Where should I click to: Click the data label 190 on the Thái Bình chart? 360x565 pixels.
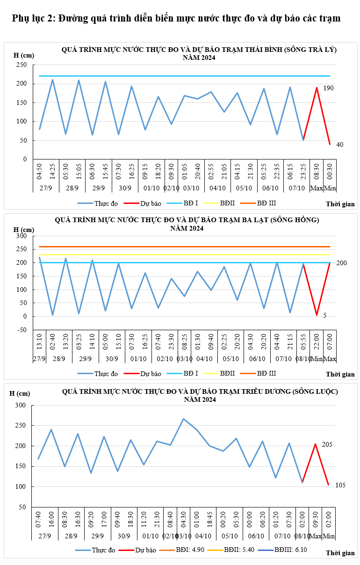(328, 88)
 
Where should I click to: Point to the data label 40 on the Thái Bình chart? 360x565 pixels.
(340, 145)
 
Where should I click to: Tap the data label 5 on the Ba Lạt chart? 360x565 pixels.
(325, 316)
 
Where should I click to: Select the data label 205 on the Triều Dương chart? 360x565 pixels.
(327, 444)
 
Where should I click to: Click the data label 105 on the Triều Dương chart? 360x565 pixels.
(340, 485)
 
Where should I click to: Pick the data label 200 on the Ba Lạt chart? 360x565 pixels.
(341, 263)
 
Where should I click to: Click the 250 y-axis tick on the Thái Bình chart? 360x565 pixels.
(22, 65)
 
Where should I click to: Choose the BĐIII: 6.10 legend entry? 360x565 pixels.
(290, 550)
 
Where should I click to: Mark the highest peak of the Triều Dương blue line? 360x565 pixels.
(183, 419)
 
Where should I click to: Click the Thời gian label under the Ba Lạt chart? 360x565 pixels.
(340, 374)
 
